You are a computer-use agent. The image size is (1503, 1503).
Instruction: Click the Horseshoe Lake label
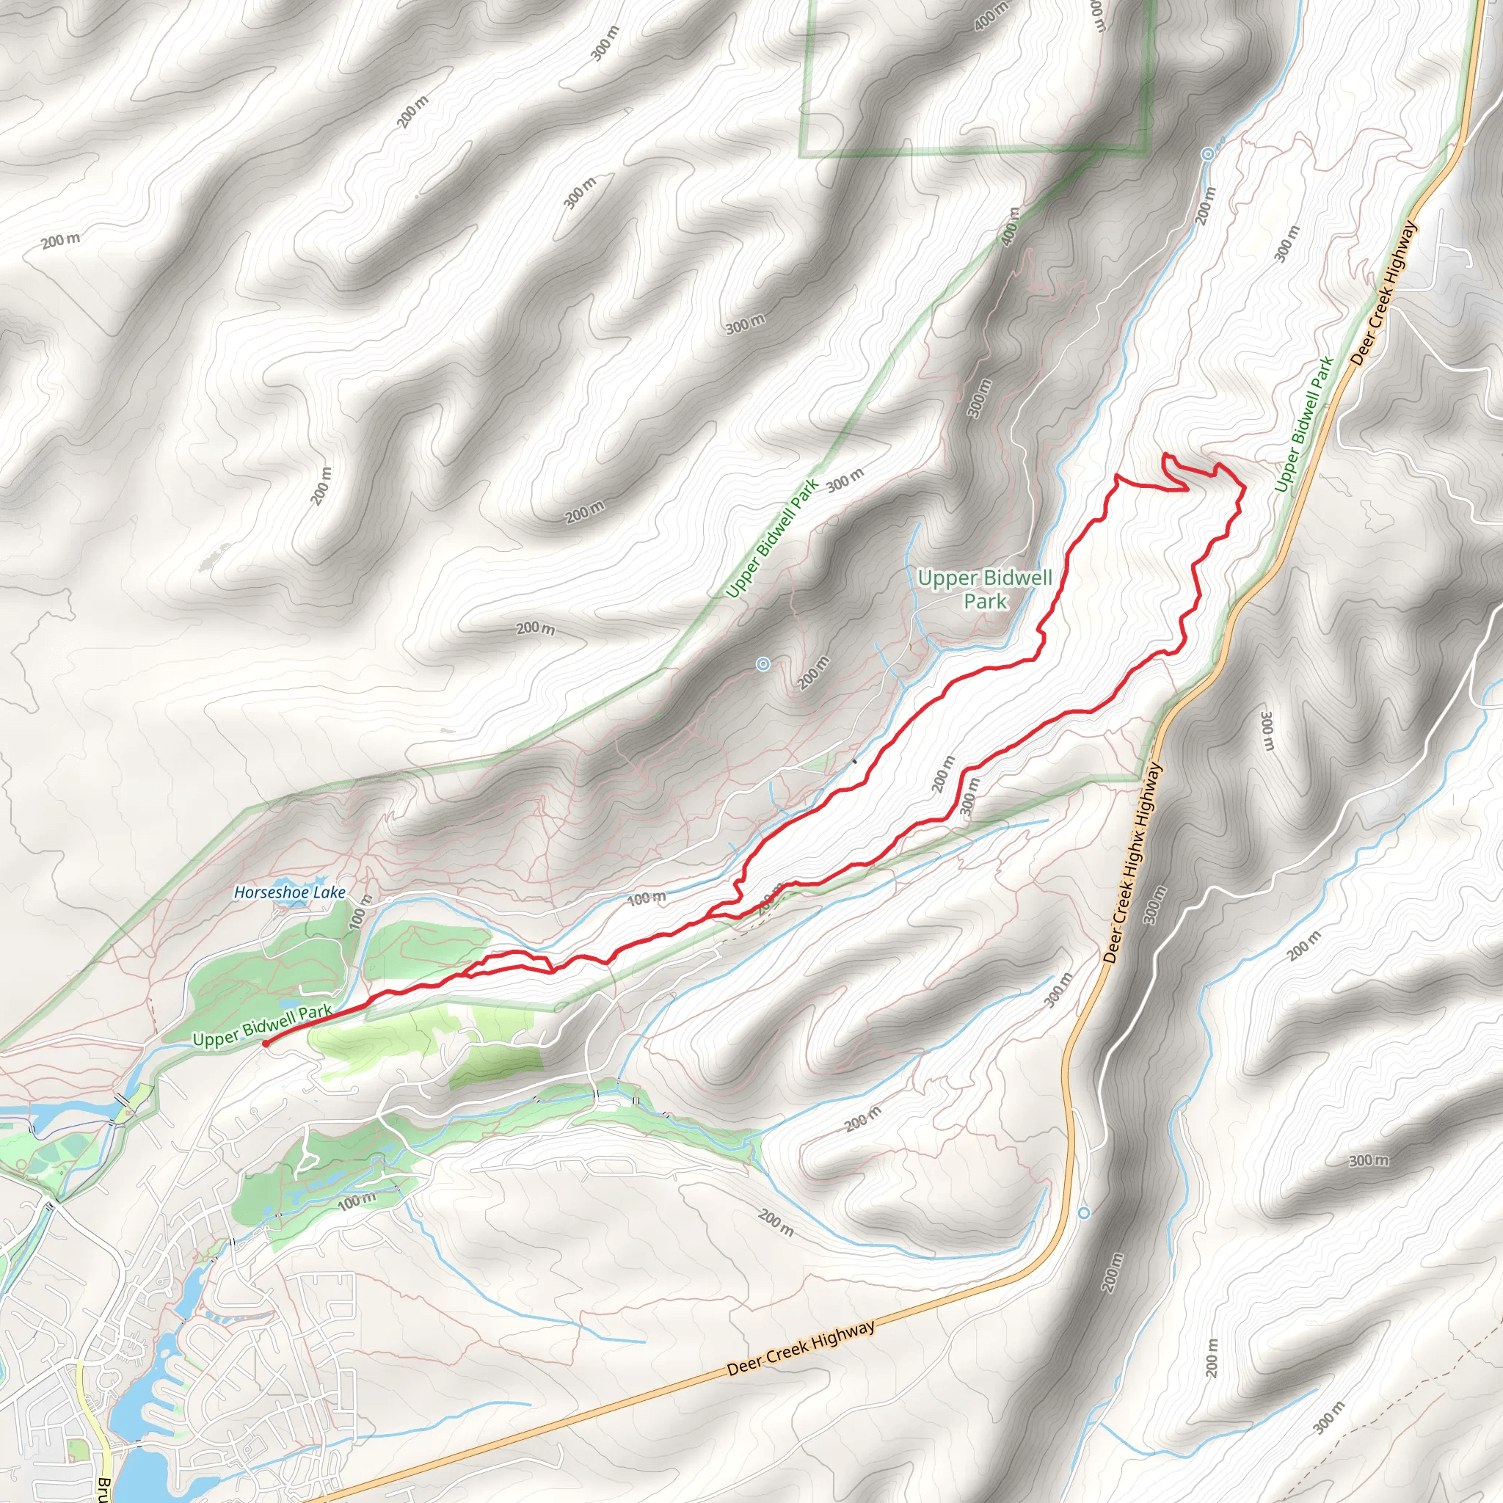pyautogui.click(x=289, y=892)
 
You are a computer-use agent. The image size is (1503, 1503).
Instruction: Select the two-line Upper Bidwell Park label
pyautogui.click(x=985, y=589)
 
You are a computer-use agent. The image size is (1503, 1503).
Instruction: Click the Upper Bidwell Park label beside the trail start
pyautogui.click(x=262, y=1025)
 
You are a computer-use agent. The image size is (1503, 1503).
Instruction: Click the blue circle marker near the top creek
pyautogui.click(x=1207, y=154)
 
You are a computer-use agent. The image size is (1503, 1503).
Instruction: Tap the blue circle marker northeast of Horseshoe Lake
pyautogui.click(x=763, y=663)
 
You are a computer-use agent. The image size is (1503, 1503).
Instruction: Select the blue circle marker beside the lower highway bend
pyautogui.click(x=1085, y=1213)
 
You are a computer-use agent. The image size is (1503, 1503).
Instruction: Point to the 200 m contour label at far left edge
pyautogui.click(x=61, y=241)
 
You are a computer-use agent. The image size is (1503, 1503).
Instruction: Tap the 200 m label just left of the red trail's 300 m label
pyautogui.click(x=942, y=774)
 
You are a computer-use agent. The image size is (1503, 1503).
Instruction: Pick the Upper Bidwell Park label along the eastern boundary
pyautogui.click(x=1305, y=424)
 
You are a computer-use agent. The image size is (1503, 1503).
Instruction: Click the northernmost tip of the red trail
pyautogui.click(x=1165, y=454)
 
